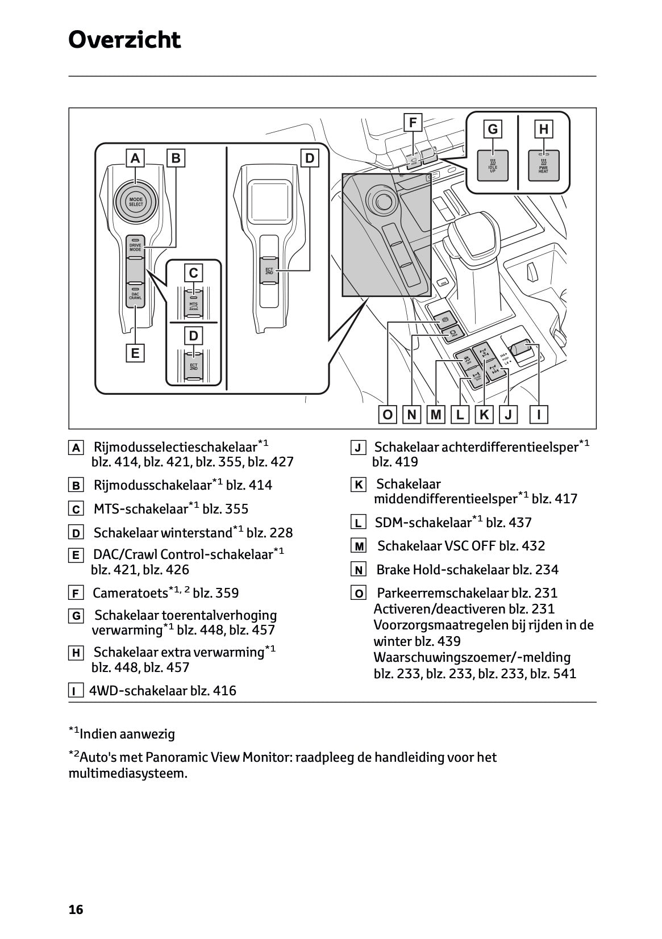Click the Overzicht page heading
coord(124,40)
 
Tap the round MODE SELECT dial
coord(136,201)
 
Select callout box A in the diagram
coord(135,158)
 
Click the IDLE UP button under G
coord(493,166)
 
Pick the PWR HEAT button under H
coord(544,166)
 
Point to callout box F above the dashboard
coord(413,122)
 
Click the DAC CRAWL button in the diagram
coord(135,294)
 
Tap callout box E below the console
coord(135,353)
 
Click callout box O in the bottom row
coord(388,415)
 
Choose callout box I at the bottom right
coord(539,415)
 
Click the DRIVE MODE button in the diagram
coord(135,247)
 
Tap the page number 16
coord(76,910)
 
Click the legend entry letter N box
coord(359,570)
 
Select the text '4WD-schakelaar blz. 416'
coord(163,691)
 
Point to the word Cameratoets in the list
coord(130,594)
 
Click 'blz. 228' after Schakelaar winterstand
coord(270,533)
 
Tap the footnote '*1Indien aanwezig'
coord(122,733)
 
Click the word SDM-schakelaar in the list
coord(423,523)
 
